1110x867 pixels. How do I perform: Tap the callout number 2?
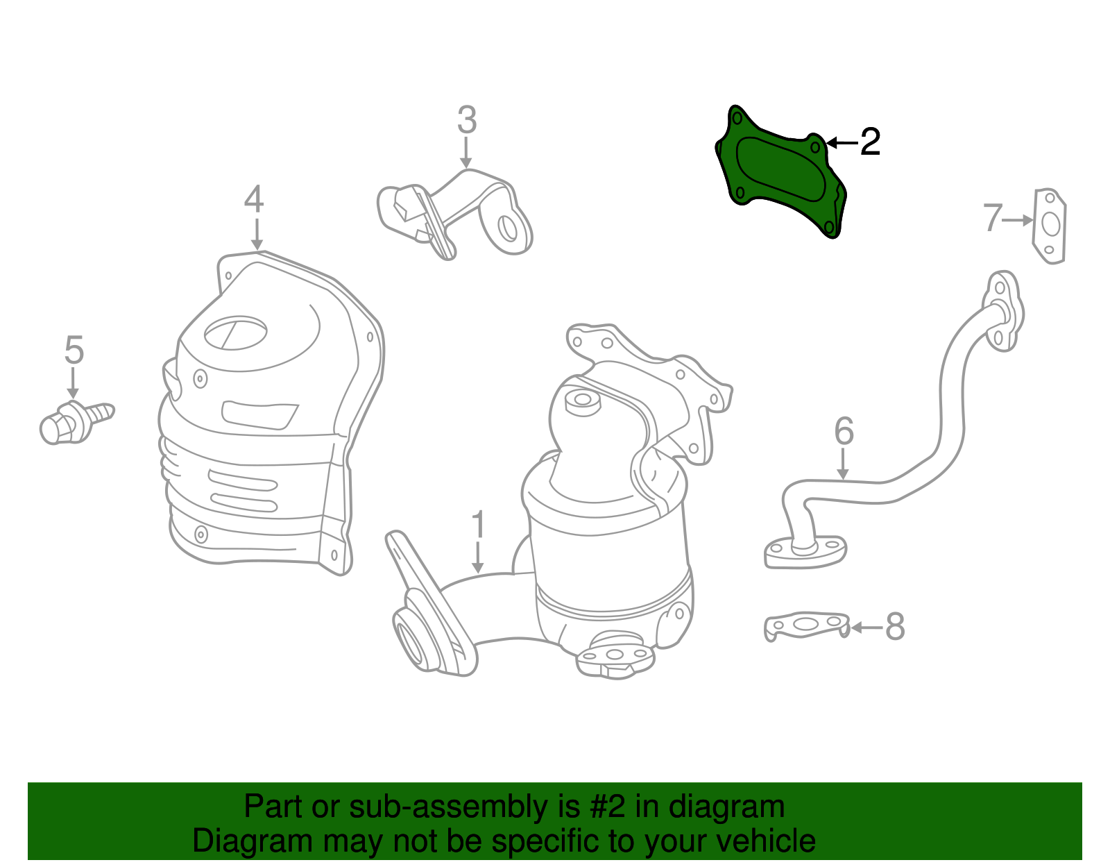point(869,142)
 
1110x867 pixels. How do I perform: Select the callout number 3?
point(467,120)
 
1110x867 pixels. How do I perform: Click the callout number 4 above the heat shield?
point(254,199)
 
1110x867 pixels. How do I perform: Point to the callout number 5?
point(74,350)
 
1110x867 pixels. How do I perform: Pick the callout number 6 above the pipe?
point(844,432)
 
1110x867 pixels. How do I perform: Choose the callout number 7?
point(993,218)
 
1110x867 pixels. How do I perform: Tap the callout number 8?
point(895,627)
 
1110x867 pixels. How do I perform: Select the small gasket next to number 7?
point(1050,226)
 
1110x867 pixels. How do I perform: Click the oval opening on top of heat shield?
point(236,333)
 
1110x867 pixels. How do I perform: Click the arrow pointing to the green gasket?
point(842,143)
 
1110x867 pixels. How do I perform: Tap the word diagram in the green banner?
point(726,807)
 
